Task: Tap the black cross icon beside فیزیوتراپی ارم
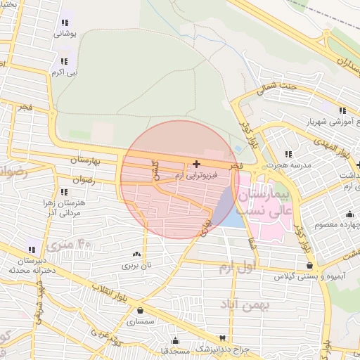(x=195, y=164)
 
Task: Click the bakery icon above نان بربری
(x=136, y=254)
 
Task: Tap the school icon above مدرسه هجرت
(x=288, y=154)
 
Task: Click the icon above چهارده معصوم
(x=349, y=214)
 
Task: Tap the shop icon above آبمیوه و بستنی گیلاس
(x=310, y=265)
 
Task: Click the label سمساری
(x=141, y=322)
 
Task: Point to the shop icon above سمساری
(x=141, y=311)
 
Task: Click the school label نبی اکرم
(x=68, y=72)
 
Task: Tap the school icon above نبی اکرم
(x=64, y=61)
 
